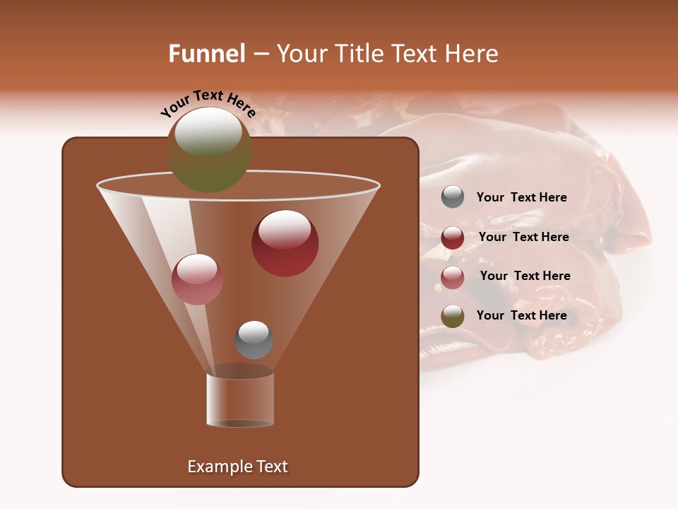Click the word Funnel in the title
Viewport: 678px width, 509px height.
point(207,54)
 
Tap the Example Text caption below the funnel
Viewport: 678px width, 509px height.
point(237,467)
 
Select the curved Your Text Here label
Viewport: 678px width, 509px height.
point(208,104)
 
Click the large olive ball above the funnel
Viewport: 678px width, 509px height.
point(208,151)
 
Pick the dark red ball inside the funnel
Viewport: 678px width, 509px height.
point(285,243)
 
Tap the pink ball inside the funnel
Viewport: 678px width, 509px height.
point(197,279)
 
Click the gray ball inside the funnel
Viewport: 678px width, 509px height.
point(254,339)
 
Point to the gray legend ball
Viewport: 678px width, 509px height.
point(453,197)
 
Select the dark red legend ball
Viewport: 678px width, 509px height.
point(453,238)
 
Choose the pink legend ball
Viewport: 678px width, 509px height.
point(453,277)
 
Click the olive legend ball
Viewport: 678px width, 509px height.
point(453,316)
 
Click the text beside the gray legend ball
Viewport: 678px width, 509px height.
point(521,198)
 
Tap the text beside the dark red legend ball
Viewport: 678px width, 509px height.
point(523,238)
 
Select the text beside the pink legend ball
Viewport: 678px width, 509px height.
point(525,276)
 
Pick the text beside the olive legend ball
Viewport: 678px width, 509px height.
point(521,315)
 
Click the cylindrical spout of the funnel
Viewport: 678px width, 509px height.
point(240,400)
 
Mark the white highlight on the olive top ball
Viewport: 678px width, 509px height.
point(208,132)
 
